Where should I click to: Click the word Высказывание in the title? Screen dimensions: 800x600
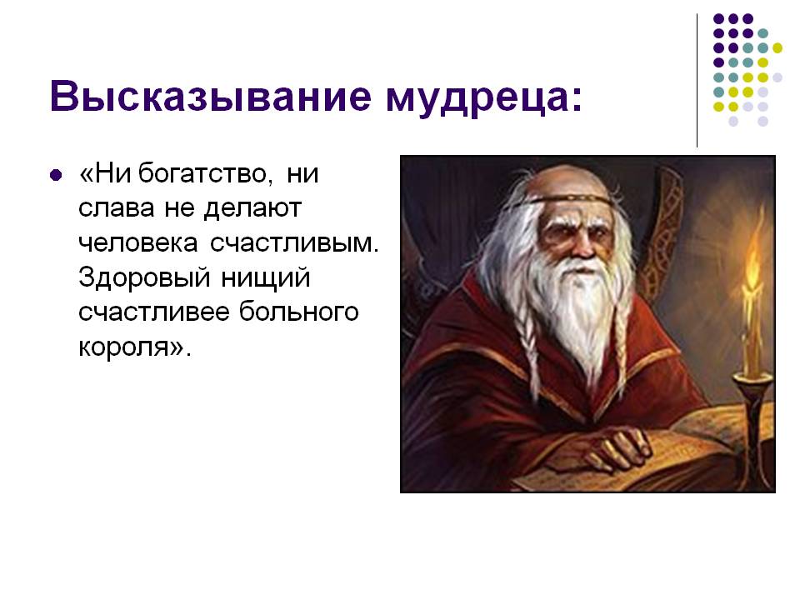click(211, 96)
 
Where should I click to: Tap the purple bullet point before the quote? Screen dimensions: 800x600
click(56, 176)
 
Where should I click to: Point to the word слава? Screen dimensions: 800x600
click(117, 208)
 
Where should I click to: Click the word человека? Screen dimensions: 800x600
click(137, 242)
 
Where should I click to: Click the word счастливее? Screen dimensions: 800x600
click(154, 312)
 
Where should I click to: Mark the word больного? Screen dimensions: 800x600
click(299, 312)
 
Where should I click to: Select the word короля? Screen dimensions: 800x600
click(131, 347)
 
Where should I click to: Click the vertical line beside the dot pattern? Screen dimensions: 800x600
click(697, 81)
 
